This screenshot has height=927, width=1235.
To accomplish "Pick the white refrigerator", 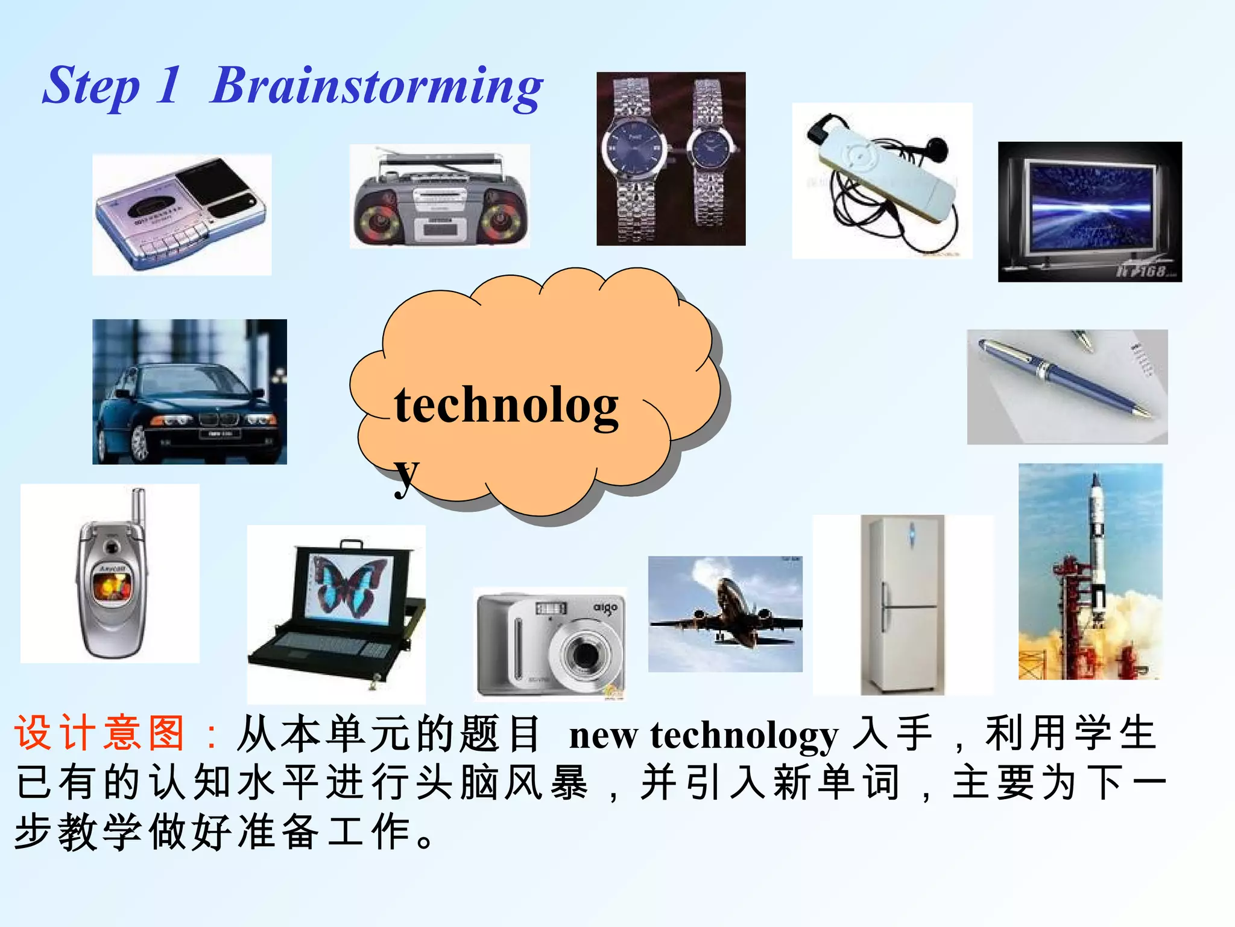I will click(902, 605).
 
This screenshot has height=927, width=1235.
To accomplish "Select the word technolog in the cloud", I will click(506, 406).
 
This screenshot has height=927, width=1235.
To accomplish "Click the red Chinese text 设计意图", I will click(100, 734).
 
